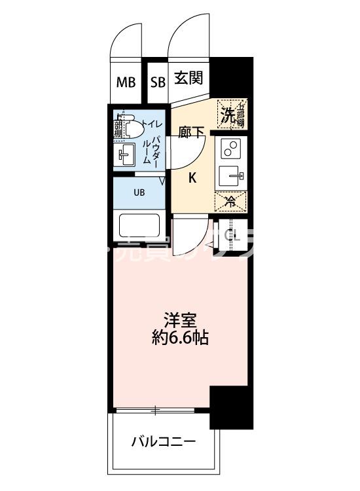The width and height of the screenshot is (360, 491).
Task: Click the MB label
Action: point(126,82)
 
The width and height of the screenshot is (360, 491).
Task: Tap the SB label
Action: point(157,82)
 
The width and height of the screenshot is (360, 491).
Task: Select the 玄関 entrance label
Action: point(189,79)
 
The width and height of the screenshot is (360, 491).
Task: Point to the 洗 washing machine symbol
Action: point(226,115)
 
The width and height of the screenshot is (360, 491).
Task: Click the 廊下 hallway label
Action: point(192,131)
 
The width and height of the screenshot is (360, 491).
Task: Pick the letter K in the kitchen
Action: point(193,177)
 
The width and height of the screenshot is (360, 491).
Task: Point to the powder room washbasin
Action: point(126,155)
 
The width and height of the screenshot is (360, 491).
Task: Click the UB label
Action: point(139,192)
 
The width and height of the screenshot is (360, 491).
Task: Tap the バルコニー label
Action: point(164,442)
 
